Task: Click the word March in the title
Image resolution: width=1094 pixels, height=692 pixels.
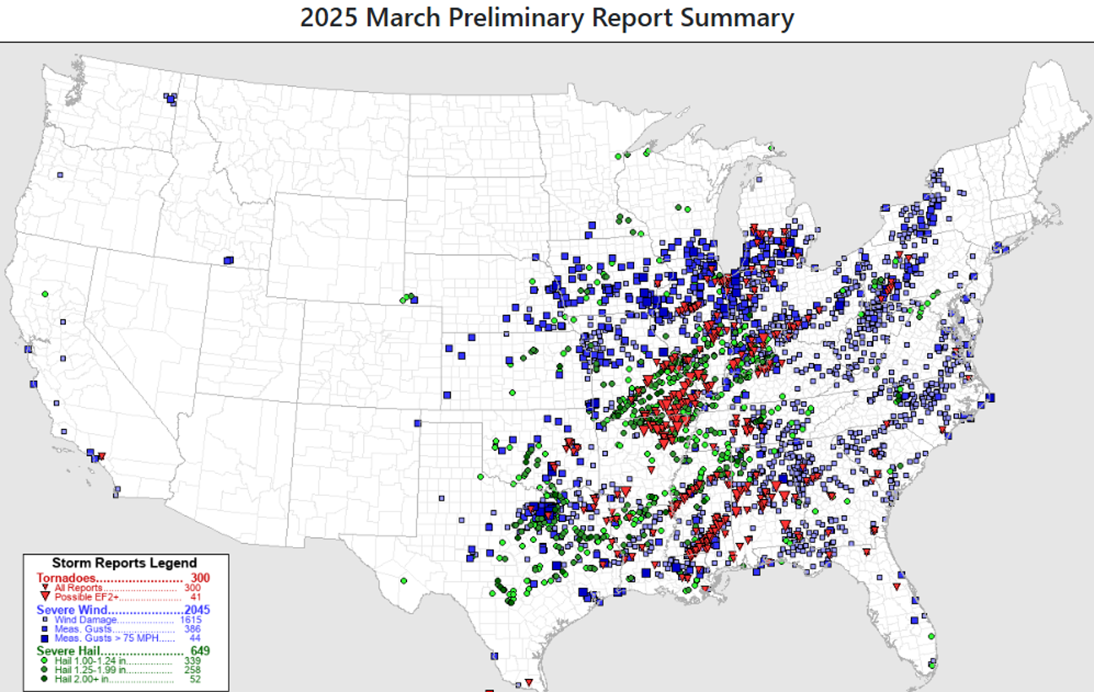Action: (401, 18)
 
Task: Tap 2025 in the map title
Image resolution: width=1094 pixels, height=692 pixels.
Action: (329, 18)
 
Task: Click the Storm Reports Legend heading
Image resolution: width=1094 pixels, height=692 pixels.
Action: (124, 563)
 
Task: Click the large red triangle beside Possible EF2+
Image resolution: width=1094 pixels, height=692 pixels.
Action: (45, 597)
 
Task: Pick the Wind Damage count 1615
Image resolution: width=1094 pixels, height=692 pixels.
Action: (191, 620)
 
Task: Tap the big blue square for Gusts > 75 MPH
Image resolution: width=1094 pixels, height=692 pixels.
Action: (45, 638)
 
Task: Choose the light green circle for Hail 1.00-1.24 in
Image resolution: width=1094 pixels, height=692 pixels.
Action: (45, 661)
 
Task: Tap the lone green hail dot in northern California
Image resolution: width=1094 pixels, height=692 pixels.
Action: (45, 294)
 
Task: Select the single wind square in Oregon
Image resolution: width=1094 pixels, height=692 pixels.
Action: (60, 174)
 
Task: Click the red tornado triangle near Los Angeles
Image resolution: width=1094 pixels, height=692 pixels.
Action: (101, 456)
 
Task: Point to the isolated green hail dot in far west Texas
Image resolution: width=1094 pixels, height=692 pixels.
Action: (404, 580)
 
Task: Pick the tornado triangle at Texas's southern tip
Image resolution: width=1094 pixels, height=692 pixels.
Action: (528, 682)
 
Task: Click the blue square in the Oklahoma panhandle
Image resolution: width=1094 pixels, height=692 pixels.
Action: (418, 423)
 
